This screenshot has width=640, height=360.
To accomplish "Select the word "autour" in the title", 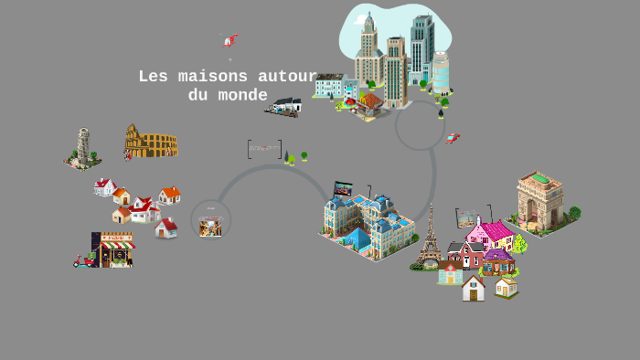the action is click(287, 77).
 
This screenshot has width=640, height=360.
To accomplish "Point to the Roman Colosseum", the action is click(151, 142).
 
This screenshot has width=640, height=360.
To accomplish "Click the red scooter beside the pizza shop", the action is click(83, 260).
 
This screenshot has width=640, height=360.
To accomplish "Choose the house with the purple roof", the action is click(498, 261).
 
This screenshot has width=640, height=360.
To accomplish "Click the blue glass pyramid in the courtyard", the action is click(357, 239).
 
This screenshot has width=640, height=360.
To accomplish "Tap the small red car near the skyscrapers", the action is click(453, 139).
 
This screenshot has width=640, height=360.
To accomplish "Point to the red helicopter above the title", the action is click(231, 39).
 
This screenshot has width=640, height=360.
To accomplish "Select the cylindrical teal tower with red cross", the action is click(441, 72).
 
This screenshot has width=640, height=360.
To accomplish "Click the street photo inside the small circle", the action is click(210, 226).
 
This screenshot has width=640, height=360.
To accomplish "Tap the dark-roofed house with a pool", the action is click(286, 106).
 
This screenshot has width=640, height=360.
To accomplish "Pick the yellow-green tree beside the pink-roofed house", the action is click(519, 243).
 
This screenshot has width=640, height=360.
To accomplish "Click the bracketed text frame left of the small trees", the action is click(264, 148).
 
